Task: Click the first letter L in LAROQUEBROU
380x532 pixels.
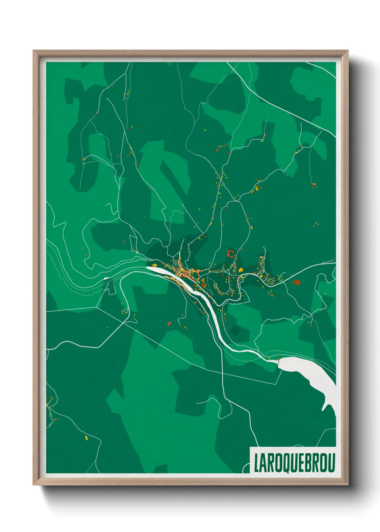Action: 256,463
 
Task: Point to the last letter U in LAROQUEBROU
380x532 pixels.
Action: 332,463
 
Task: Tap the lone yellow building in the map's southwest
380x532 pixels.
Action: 86,437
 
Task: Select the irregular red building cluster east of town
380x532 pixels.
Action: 296,283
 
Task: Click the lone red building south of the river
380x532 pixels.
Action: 169,323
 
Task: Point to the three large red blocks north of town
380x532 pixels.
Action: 230,253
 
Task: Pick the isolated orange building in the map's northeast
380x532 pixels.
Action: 314,184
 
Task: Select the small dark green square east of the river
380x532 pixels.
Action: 236,330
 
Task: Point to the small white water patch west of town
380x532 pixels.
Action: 107,278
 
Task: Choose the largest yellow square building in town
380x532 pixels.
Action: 241,270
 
